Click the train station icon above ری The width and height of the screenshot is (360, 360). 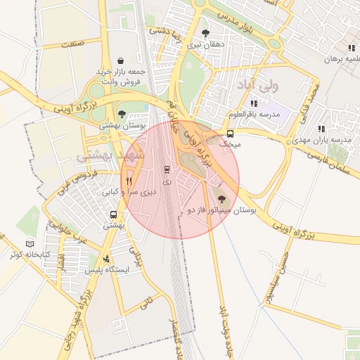pyautogui.click(x=167, y=169)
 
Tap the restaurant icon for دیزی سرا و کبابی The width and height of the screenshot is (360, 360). pyautogui.click(x=128, y=180)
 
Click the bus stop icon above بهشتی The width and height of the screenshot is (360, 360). pyautogui.click(x=113, y=215)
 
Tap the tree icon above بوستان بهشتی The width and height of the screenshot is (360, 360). pyautogui.click(x=122, y=114)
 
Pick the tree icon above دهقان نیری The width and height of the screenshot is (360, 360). pyautogui.click(x=205, y=33)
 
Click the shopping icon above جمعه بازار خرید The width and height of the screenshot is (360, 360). pyautogui.click(x=122, y=60)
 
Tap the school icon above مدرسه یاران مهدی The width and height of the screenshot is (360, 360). pyautogui.click(x=321, y=129)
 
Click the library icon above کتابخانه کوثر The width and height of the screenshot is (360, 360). pyautogui.click(x=30, y=243)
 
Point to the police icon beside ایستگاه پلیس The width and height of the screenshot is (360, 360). pyautogui.click(x=105, y=258)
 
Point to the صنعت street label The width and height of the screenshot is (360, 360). pyautogui.click(x=72, y=44)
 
